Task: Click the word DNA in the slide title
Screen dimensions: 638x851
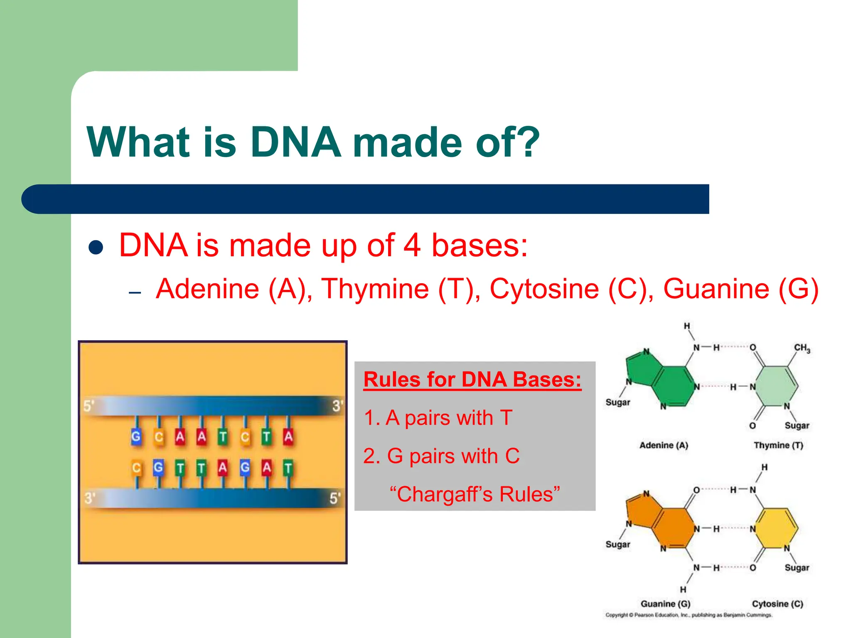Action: click(x=296, y=142)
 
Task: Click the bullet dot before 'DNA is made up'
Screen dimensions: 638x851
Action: click(x=96, y=248)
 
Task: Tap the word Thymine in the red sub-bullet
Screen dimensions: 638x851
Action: click(x=375, y=289)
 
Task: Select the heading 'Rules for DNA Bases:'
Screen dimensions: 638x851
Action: click(x=472, y=379)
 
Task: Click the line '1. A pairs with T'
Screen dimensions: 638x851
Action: click(x=438, y=417)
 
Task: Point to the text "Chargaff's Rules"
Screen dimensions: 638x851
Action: click(x=475, y=494)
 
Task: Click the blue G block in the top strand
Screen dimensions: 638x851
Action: click(x=136, y=437)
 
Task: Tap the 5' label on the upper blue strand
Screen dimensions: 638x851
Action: click(x=89, y=406)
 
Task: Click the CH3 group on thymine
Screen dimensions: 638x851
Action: click(x=802, y=348)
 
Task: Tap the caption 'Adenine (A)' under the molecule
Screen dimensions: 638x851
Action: click(x=664, y=445)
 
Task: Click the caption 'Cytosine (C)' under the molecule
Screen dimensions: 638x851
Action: click(x=777, y=604)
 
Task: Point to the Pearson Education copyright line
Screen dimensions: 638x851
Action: click(x=689, y=615)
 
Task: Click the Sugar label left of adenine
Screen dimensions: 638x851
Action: click(x=617, y=402)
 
